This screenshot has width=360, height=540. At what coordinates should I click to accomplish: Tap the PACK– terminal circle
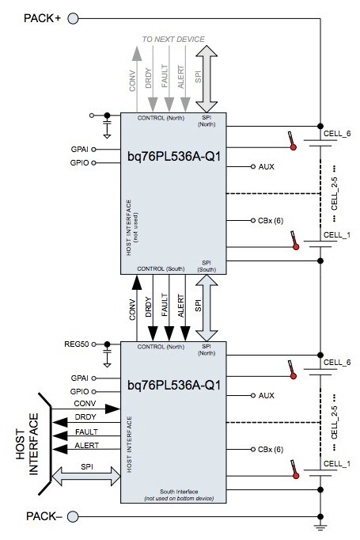(x=72, y=517)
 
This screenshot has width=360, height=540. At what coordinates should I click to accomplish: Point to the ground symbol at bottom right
(x=320, y=526)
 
